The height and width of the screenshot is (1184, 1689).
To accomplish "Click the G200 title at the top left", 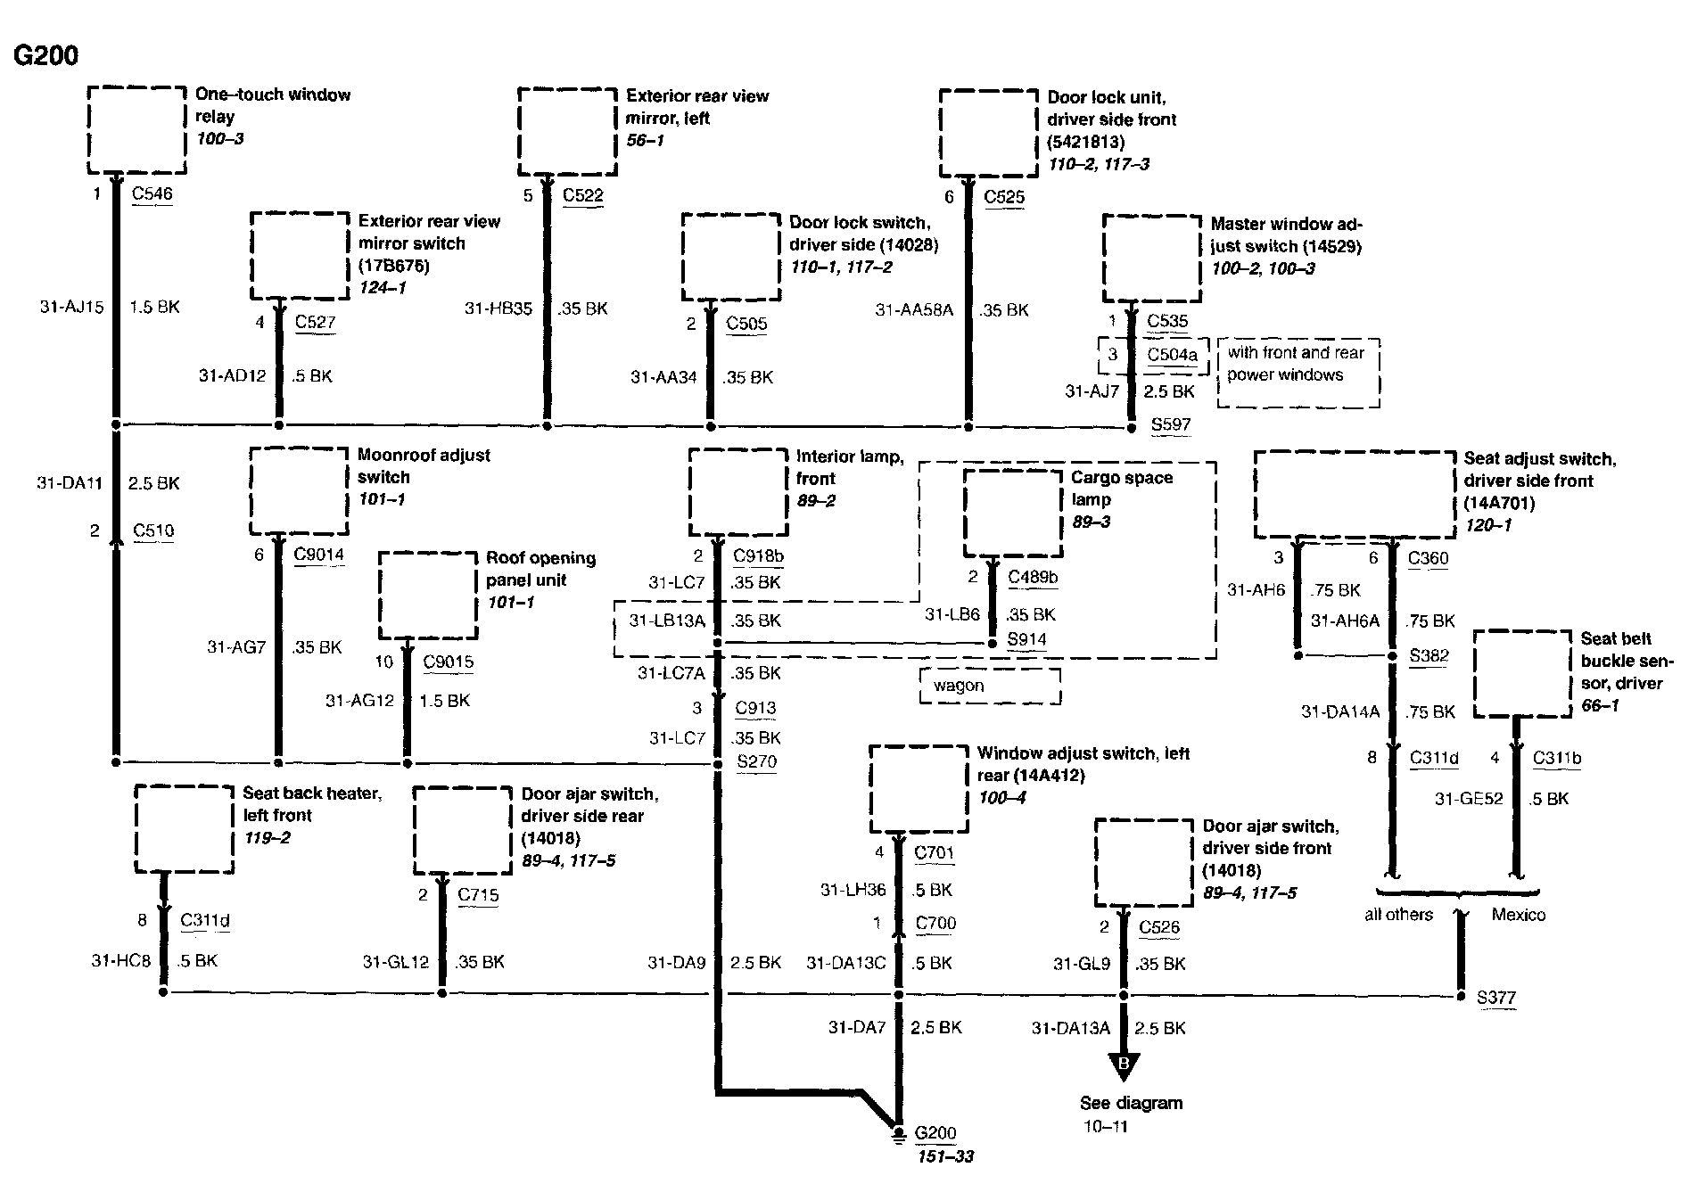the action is (45, 55).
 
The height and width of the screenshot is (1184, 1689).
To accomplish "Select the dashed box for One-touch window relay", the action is (136, 130).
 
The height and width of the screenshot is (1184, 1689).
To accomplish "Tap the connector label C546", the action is (152, 193).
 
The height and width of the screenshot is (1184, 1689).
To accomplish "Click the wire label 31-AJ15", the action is (72, 307).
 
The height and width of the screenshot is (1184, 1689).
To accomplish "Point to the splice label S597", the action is (1170, 424).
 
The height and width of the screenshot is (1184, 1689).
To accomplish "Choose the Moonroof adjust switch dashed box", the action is (299, 491).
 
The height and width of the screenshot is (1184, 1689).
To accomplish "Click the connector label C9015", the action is (448, 662).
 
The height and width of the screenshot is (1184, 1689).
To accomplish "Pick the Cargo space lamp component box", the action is (1013, 513).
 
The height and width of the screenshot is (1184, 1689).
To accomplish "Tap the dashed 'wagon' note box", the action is (990, 687).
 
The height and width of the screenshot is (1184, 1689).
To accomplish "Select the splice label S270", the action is (756, 761).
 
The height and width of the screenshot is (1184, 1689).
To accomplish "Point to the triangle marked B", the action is (1124, 1066).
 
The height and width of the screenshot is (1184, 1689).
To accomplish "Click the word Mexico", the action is (1519, 915).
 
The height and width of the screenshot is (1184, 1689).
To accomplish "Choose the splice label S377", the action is (1495, 998).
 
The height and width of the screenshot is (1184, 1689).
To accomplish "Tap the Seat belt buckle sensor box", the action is (1522, 673).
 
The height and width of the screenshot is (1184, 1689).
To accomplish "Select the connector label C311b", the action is (1557, 759).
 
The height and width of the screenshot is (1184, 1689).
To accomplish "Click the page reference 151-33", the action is (944, 1157).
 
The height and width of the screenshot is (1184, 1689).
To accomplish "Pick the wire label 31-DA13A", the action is (1071, 1029).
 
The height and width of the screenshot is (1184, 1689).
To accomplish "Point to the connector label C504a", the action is (1172, 355).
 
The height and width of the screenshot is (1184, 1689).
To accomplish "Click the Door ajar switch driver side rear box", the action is (463, 830).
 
